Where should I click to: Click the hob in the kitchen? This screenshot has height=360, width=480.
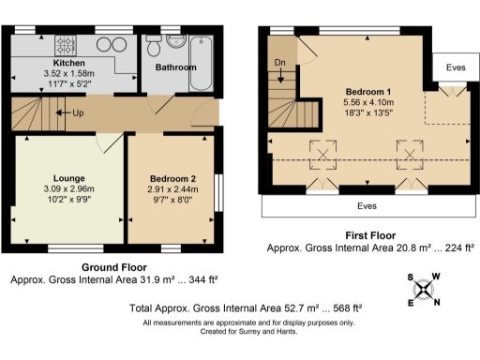coord(68,43)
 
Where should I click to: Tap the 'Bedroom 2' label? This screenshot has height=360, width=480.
coord(172,178)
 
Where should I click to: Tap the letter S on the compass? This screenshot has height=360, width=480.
coord(412,277)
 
